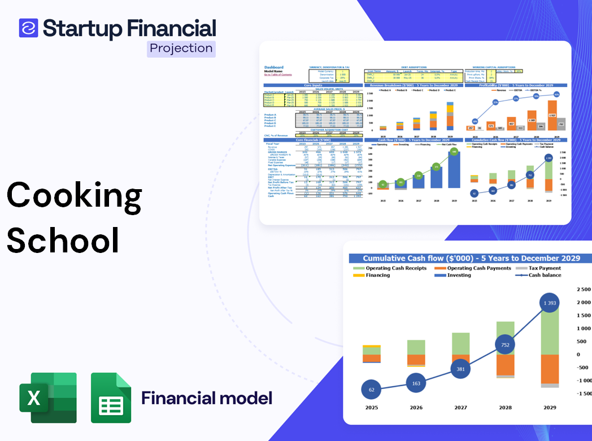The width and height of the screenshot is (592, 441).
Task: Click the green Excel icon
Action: click(48, 398)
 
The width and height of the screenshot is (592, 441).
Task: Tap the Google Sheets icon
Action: click(111, 398)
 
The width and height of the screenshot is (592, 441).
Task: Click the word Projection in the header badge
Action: click(181, 49)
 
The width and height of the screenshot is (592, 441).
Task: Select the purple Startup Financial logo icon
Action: click(28, 28)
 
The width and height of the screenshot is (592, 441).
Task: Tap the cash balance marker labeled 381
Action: click(460, 369)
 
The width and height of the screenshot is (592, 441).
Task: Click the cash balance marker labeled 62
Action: click(371, 390)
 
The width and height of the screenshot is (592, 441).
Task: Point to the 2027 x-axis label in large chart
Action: click(460, 407)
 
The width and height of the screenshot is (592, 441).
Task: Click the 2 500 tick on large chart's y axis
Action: click(583, 289)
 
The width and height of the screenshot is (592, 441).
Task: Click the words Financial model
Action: click(207, 398)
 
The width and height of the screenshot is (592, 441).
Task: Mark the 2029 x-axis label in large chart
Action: click(549, 407)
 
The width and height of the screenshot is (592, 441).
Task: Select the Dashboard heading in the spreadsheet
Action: click(274, 67)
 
